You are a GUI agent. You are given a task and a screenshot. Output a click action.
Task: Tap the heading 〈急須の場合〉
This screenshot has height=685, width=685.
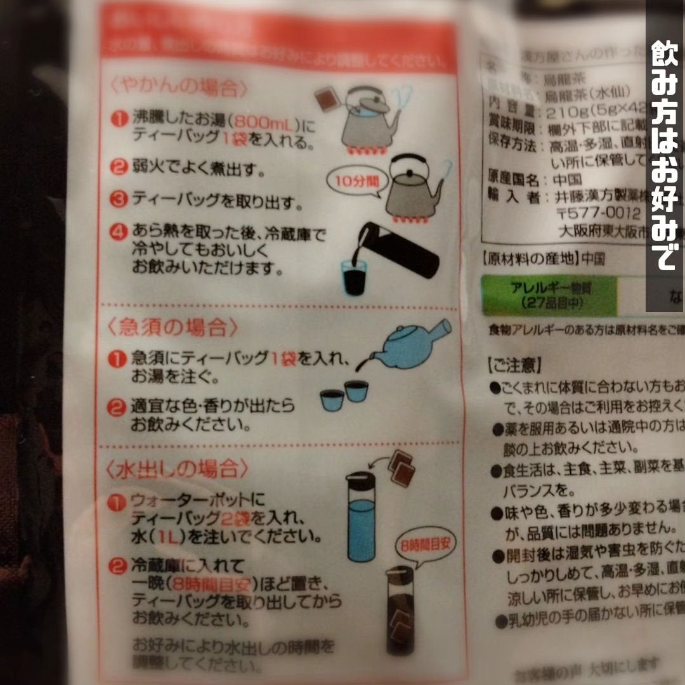172,327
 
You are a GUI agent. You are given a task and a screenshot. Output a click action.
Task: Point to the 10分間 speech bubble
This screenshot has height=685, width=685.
349,181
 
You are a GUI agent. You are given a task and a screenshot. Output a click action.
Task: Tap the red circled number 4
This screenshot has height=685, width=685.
117,232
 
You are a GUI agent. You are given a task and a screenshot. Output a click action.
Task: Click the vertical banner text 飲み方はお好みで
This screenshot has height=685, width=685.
665,156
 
